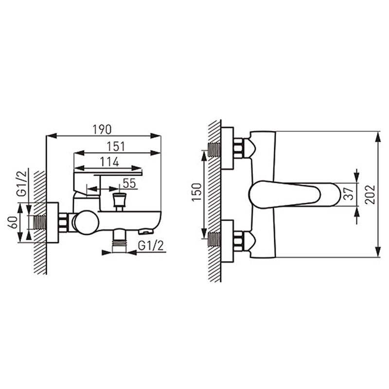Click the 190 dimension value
click(102, 129)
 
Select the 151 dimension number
click(116, 147)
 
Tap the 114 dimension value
click(109, 162)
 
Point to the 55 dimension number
click(129, 183)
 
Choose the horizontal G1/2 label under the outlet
click(151, 246)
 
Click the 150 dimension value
click(197, 192)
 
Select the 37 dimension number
click(349, 194)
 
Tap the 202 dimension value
click(370, 194)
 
